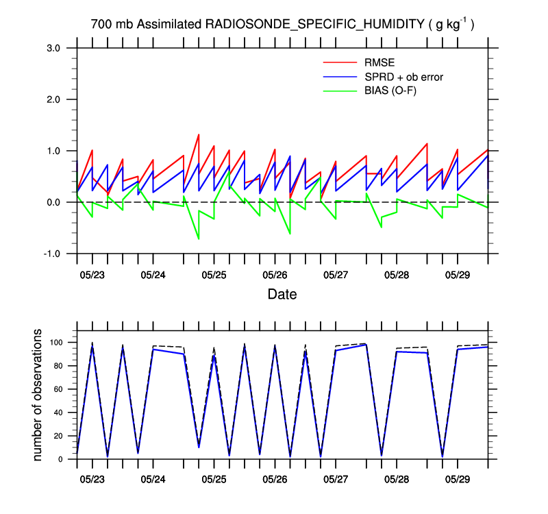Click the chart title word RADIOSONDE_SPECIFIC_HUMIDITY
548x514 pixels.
click(314, 25)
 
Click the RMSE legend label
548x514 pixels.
click(379, 64)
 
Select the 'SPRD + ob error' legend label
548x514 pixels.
click(403, 77)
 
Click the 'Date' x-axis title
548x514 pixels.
click(282, 295)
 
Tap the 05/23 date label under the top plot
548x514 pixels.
click(92, 275)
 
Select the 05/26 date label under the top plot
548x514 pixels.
click(275, 275)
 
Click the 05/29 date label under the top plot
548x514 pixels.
click(458, 275)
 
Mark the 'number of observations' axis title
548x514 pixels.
click(38, 395)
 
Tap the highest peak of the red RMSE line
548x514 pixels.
click(199, 134)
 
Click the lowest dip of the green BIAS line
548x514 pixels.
click(199, 239)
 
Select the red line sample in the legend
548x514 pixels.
click(340, 64)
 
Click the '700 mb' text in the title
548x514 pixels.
click(112, 25)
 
